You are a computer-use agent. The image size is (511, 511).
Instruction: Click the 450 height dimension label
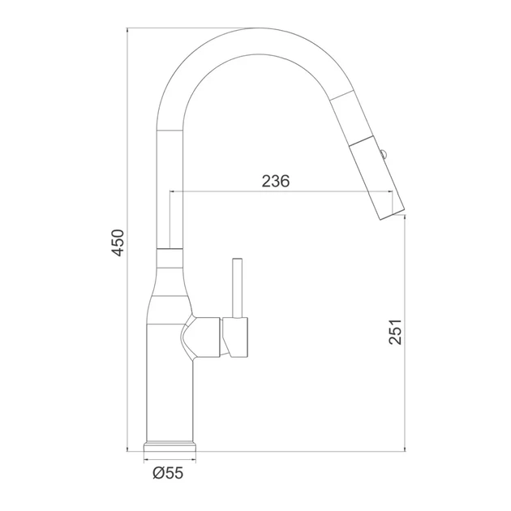[x=118, y=243]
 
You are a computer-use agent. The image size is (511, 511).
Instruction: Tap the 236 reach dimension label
[x=276, y=181]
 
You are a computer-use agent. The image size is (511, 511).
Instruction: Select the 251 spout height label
[x=395, y=332]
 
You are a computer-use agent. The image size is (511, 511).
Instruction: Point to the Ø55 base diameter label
[x=168, y=473]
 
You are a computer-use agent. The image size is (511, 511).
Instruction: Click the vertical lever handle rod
[x=237, y=288]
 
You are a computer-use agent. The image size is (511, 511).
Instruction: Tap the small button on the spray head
[x=384, y=152]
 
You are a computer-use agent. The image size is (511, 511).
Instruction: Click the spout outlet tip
[x=393, y=213]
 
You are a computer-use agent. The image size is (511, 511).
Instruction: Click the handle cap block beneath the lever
[x=235, y=337]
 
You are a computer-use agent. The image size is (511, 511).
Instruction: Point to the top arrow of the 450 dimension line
[x=127, y=31]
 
